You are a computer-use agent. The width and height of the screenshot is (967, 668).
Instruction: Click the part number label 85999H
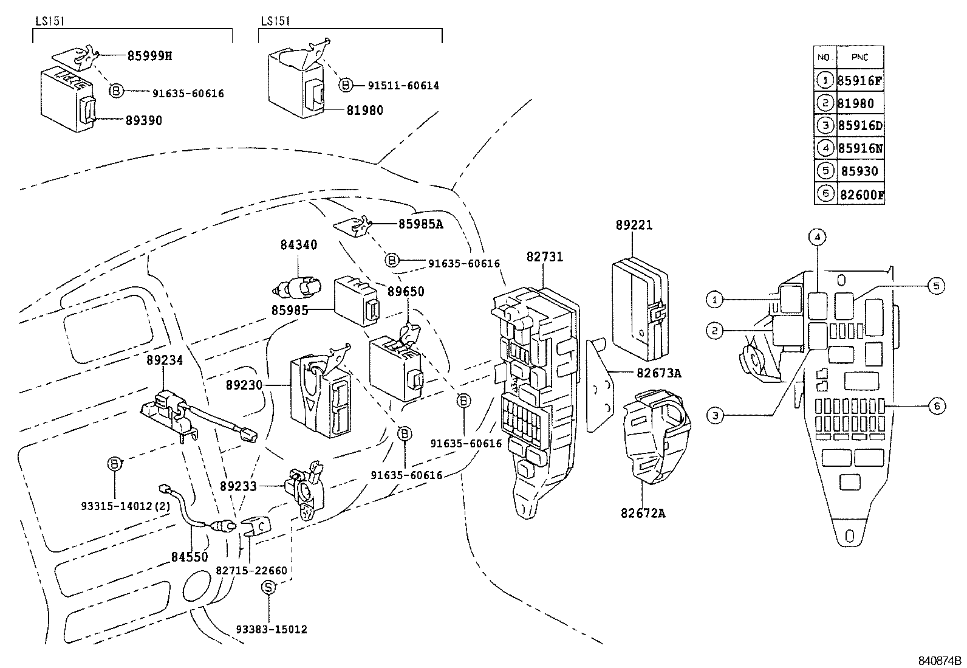coord(149,56)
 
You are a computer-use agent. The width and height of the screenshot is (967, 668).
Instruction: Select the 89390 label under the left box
coord(144,120)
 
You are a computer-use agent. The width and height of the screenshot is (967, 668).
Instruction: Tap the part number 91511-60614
coord(403,86)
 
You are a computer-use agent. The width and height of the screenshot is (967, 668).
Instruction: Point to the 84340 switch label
coord(298,245)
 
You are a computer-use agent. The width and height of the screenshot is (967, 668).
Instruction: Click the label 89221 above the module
coord(634,225)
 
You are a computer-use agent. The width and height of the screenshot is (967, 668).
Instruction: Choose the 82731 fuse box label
coord(544,257)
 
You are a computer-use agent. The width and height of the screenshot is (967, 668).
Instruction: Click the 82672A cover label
coord(643,513)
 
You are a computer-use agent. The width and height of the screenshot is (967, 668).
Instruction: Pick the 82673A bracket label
coord(658,373)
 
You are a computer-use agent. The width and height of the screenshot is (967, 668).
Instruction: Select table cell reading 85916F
coord(859,80)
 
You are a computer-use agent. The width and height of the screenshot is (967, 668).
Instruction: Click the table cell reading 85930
coord(859,171)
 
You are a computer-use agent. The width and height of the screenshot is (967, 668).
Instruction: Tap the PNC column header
coord(859,58)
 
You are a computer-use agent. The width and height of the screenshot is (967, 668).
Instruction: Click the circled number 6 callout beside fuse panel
coord(938,406)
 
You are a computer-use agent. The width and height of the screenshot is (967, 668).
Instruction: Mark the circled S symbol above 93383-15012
coord(268,587)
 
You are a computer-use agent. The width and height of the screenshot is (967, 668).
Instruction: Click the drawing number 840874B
coord(940,660)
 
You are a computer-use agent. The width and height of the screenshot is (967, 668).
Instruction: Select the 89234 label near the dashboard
coord(165,360)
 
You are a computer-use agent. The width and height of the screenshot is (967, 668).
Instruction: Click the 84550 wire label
coord(189,556)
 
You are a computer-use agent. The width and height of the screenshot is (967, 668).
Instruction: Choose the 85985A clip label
coord(420,224)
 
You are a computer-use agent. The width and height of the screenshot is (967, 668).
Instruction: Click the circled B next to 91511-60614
coord(345,85)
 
